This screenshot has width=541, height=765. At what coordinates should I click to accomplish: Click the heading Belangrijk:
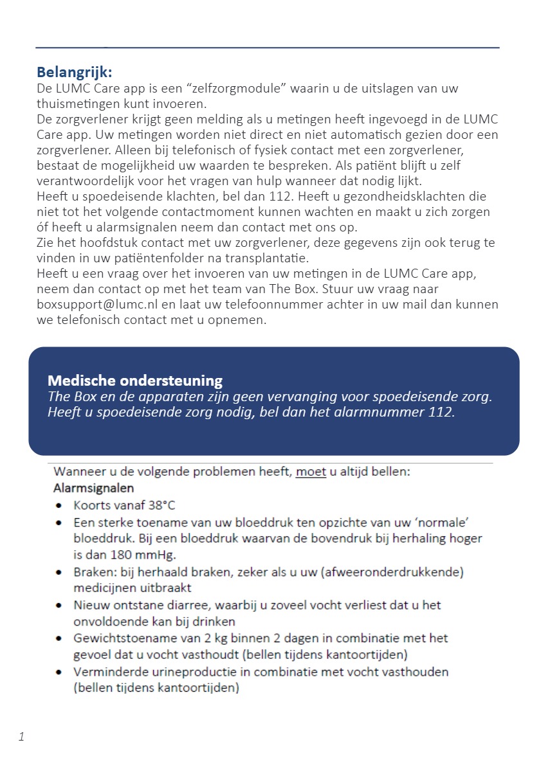point(74,71)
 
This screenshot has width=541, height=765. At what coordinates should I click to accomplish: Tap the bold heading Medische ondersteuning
point(135,381)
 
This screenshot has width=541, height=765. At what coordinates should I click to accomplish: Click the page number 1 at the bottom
point(21,737)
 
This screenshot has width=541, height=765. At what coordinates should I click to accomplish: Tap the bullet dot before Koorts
point(60,506)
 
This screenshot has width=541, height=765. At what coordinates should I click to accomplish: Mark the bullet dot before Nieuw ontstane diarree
point(60,606)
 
